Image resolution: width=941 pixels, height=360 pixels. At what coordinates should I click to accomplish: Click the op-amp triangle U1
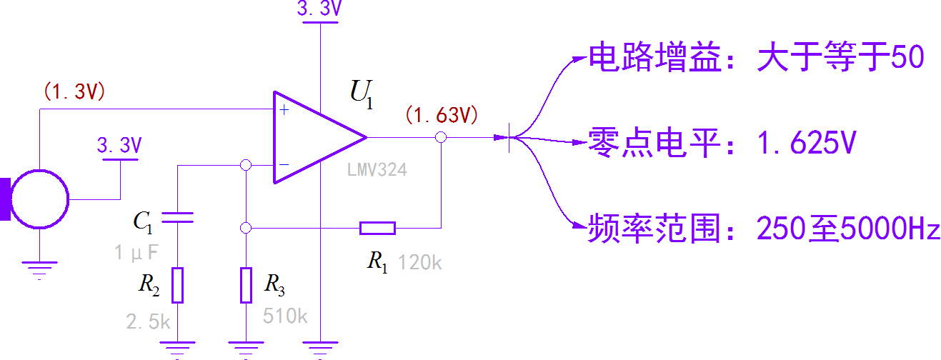pyautogui.click(x=314, y=137)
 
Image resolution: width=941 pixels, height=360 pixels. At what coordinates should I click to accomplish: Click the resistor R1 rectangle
pyautogui.click(x=377, y=228)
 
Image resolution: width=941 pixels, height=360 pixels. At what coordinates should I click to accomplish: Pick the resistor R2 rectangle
pyautogui.click(x=179, y=285)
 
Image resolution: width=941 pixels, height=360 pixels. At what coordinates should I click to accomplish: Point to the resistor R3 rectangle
pyautogui.click(x=245, y=285)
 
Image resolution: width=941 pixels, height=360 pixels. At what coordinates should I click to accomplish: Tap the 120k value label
pyautogui.click(x=420, y=263)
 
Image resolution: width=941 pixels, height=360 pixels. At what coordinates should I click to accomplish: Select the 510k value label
pyautogui.click(x=285, y=316)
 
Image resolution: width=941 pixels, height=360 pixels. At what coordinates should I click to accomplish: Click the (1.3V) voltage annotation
pyautogui.click(x=74, y=92)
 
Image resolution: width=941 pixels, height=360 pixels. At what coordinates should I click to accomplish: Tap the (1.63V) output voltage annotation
pyautogui.click(x=441, y=114)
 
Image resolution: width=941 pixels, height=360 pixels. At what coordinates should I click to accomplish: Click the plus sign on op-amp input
pyautogui.click(x=284, y=110)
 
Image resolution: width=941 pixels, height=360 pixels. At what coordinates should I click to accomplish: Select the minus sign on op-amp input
pyautogui.click(x=284, y=165)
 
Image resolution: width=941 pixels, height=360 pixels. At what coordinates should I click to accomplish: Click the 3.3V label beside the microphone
pyautogui.click(x=119, y=146)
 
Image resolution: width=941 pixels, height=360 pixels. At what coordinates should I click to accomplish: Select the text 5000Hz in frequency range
pyautogui.click(x=890, y=230)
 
